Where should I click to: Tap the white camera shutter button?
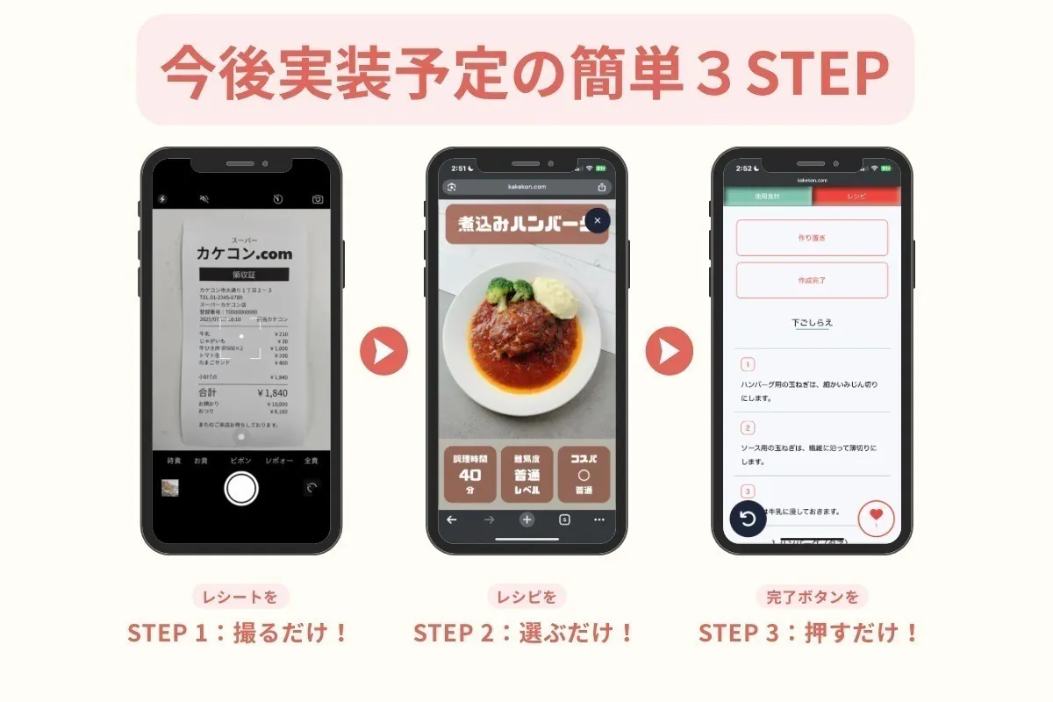click(x=241, y=488)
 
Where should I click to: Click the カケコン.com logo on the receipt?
click(x=244, y=253)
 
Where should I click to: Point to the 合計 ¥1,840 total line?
click(x=243, y=393)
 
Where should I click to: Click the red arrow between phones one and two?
click(x=383, y=351)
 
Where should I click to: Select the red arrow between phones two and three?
click(x=670, y=351)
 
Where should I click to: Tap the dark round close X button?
click(x=597, y=221)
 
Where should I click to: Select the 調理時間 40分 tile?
click(x=469, y=475)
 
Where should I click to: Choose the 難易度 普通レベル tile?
click(x=526, y=475)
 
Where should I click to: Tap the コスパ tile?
click(x=584, y=475)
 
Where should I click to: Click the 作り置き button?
click(x=812, y=238)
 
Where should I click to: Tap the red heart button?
click(x=876, y=518)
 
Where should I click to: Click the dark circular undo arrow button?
click(x=749, y=518)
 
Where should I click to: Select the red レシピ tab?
click(x=856, y=197)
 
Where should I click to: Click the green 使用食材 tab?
click(x=767, y=197)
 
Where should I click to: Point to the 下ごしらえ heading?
click(x=812, y=323)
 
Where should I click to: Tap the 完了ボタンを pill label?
click(x=812, y=598)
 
